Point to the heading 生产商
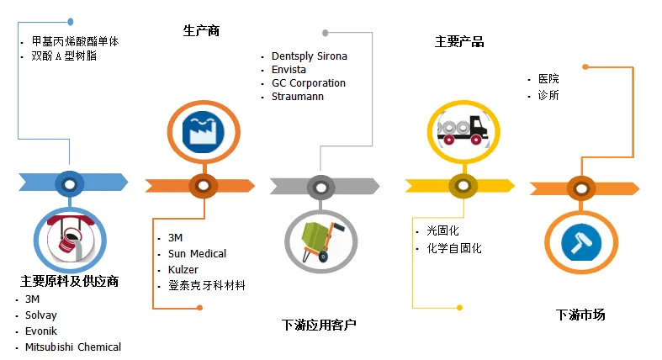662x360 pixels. (201, 31)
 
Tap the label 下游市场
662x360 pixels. (580, 315)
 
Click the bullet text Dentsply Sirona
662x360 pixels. (309, 56)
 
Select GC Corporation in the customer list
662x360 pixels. (308, 83)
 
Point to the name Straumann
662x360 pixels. (297, 97)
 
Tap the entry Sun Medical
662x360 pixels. (197, 253)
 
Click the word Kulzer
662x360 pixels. (183, 269)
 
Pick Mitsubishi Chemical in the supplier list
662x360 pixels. (72, 347)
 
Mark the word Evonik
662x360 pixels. (41, 331)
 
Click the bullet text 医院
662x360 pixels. (548, 79)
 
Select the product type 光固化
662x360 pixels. (442, 230)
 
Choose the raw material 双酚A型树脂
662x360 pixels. (63, 56)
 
